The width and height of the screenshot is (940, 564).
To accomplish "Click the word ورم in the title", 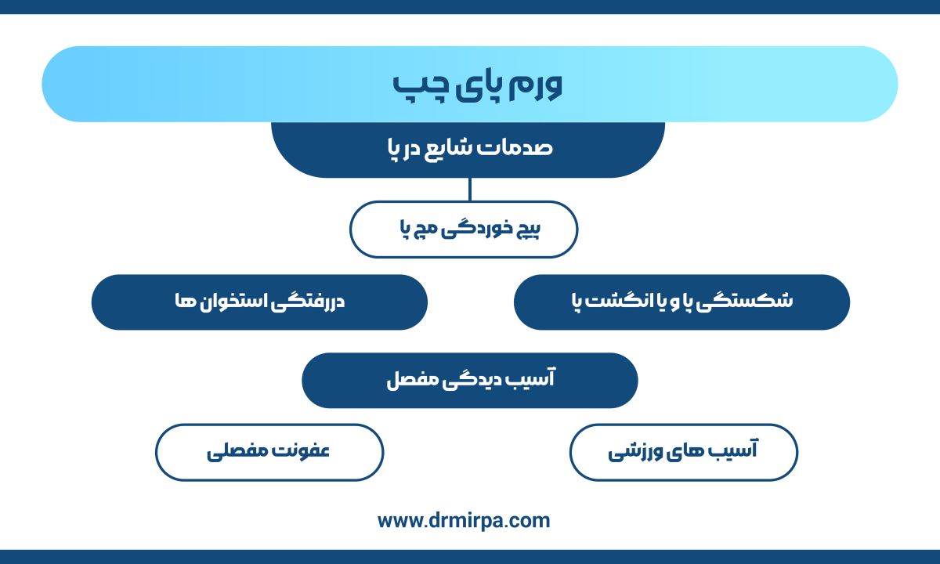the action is pos(536,87).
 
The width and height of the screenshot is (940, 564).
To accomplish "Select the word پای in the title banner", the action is pos(478,88).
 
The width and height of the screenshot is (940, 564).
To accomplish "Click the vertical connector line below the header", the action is pos(469,190).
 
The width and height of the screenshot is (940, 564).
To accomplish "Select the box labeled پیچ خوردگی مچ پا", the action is pos(464,229).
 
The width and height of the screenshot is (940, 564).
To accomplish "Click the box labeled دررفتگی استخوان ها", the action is pos(259,302).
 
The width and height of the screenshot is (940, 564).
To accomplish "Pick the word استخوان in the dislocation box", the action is pos(232,302).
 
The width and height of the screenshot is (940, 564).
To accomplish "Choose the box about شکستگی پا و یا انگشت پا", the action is pos(682,302).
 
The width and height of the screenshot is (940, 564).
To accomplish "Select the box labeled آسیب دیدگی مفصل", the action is pos(470,380).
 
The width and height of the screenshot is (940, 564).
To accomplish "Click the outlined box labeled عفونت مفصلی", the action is pos(269,453).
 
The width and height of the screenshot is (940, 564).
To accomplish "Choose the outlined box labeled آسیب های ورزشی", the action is pos(684,453).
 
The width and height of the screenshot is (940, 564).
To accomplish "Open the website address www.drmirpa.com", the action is pos(464,521).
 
